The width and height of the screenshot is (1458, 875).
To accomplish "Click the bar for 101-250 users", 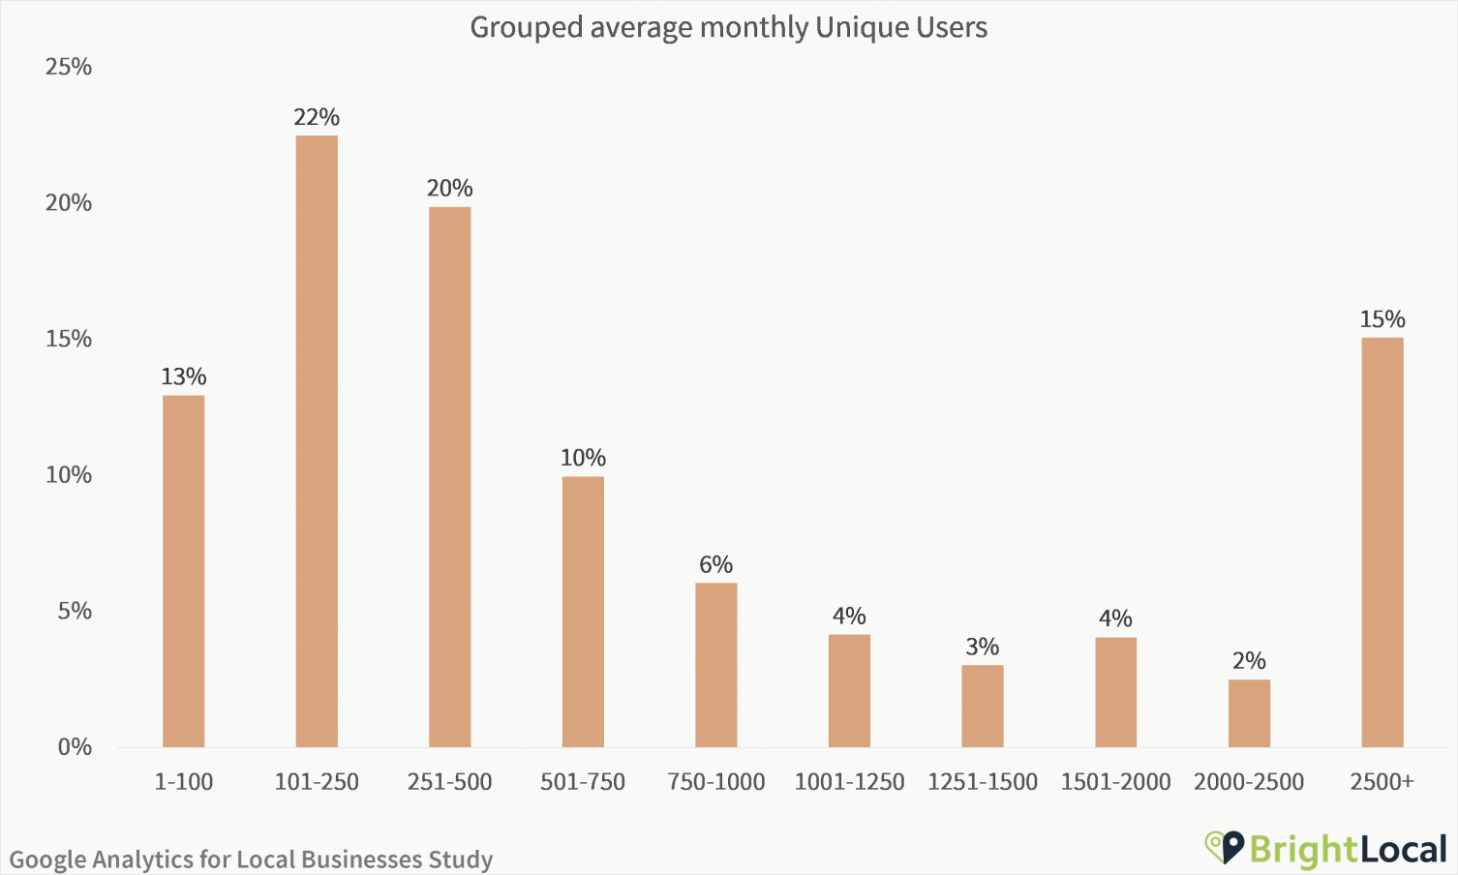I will click(x=317, y=440).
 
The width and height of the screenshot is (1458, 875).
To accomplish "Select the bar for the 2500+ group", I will click(x=1382, y=542).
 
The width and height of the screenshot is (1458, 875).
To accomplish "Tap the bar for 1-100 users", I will click(x=183, y=571).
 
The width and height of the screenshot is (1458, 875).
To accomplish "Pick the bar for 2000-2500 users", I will click(x=1249, y=713).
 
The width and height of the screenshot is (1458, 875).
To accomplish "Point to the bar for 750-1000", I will click(x=715, y=665).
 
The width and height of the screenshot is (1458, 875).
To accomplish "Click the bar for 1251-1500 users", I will click(x=982, y=706).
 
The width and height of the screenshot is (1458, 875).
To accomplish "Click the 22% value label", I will click(x=317, y=117).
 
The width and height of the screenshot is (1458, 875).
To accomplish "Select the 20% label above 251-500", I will click(x=449, y=188).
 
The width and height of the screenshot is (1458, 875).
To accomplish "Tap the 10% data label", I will click(x=583, y=458).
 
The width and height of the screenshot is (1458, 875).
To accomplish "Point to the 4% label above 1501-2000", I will click(x=1115, y=619).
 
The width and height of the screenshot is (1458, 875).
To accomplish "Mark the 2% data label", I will click(x=1249, y=661).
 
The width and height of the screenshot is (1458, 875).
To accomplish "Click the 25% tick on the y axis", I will click(x=69, y=67).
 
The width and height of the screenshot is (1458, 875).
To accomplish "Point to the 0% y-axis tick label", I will click(x=75, y=747).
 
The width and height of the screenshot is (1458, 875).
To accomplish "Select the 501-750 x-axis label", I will click(x=583, y=782).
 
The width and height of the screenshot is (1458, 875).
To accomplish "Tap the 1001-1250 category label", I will click(x=849, y=782).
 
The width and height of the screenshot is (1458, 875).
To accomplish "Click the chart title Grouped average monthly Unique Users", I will click(x=728, y=27).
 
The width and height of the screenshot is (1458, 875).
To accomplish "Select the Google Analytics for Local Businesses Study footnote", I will click(x=251, y=860).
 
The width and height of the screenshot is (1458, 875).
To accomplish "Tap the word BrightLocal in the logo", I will click(x=1348, y=849).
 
